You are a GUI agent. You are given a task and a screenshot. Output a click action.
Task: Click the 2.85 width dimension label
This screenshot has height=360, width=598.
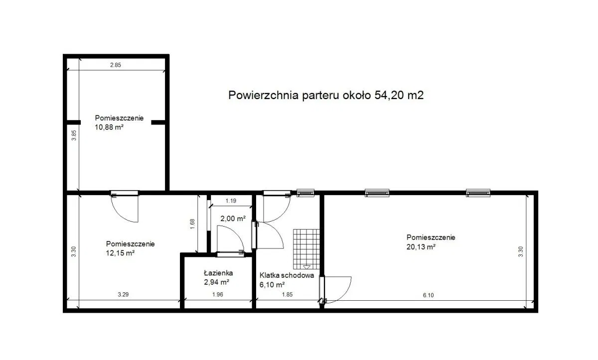click(116, 65)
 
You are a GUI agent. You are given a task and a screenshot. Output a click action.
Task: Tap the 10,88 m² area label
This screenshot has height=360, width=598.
click(109, 127)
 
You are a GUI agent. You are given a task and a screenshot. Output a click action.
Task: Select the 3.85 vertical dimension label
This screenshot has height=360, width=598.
click(74, 135)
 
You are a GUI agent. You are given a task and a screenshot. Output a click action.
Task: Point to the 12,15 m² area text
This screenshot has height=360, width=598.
click(120, 253)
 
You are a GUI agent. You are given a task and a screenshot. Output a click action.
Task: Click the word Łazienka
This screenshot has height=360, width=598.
click(218, 273)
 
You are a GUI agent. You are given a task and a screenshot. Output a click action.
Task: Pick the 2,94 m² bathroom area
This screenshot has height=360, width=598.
click(216, 282)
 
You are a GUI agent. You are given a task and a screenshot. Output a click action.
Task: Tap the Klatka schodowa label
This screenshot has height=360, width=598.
click(287, 275)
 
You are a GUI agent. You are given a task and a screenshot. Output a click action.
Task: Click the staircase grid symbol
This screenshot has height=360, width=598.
click(306, 249)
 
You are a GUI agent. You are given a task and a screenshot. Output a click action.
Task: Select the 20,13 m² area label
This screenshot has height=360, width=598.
click(421, 247)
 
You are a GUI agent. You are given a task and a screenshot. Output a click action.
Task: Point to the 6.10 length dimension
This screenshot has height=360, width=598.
click(428, 295)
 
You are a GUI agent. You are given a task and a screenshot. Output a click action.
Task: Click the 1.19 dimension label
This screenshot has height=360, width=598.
click(231, 201)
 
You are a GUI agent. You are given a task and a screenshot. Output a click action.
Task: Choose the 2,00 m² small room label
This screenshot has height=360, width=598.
click(233, 219)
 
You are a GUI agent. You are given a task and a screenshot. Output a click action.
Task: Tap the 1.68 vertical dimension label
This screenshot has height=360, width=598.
click(192, 224)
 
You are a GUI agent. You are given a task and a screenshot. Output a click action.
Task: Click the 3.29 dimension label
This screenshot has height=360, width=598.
click(124, 294)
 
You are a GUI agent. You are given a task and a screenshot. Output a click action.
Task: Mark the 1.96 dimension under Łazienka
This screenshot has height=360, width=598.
click(218, 294)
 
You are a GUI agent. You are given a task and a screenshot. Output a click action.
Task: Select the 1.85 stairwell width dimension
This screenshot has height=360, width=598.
click(287, 294)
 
